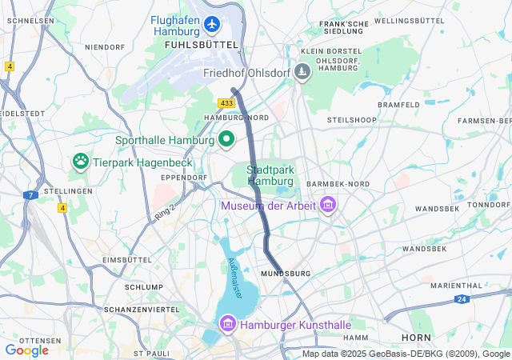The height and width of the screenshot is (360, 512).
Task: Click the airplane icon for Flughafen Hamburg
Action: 211,25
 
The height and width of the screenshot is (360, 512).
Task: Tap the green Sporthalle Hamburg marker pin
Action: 226,140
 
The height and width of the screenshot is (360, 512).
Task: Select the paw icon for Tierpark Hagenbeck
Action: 81,162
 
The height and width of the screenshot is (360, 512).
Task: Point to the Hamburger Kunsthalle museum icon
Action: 227,326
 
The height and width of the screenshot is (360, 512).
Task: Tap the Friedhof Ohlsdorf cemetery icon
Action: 302,73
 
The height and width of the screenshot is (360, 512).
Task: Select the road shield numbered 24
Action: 462,299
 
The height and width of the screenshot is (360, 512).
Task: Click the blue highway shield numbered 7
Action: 30,194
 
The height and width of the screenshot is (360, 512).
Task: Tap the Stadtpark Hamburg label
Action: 270,175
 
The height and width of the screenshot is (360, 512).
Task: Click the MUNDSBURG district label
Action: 286,274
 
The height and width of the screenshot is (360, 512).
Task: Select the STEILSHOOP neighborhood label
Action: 351,120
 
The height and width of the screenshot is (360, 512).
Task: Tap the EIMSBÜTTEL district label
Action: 127,260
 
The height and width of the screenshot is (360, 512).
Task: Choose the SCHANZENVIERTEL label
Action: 142,309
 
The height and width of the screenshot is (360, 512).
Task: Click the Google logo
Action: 26,350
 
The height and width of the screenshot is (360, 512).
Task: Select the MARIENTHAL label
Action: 456,285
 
